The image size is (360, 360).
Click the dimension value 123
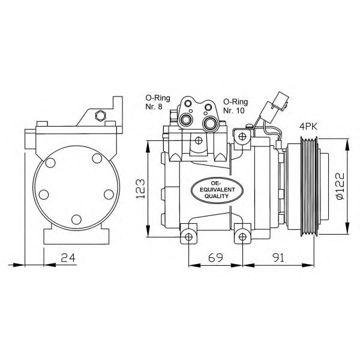(x=140, y=189)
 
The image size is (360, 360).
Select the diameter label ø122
(x=340, y=186)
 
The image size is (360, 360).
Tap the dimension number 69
(x=215, y=257)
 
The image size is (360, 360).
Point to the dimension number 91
(x=279, y=257)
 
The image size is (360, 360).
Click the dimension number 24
(x=68, y=257)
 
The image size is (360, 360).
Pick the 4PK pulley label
(x=308, y=127)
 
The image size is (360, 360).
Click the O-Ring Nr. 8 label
(x=158, y=102)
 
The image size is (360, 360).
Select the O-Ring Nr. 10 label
(x=236, y=106)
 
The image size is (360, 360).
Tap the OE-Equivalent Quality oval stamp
(x=217, y=190)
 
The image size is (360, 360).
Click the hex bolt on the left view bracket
(x=100, y=115)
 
